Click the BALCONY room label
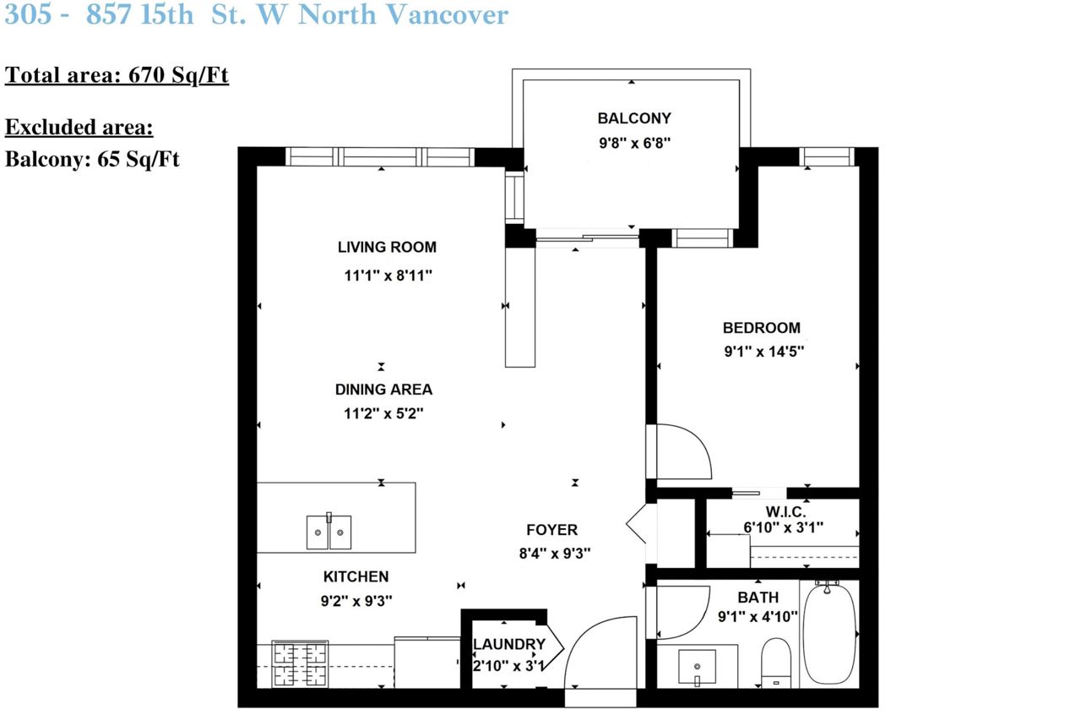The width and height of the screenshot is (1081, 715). [634, 118]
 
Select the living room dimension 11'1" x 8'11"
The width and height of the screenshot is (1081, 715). [388, 276]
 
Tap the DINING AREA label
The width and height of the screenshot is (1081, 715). [383, 390]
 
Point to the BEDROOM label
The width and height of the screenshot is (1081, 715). [762, 328]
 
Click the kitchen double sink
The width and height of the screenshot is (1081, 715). [329, 532]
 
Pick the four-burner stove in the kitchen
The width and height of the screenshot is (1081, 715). [300, 663]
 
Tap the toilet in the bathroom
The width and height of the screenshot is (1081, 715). [776, 663]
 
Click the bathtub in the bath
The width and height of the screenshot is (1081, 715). [828, 633]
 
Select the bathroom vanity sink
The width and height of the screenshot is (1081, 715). [697, 667]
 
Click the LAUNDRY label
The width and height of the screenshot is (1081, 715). [509, 644]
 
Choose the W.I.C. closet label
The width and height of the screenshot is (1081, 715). [785, 511]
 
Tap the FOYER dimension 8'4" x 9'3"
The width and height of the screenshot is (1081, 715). [555, 554]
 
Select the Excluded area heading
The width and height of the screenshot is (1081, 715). [79, 127]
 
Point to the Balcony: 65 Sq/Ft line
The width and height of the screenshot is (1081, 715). [92, 159]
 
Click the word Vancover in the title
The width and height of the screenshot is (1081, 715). [448, 14]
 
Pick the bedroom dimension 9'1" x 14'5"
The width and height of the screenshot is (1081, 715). [764, 352]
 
